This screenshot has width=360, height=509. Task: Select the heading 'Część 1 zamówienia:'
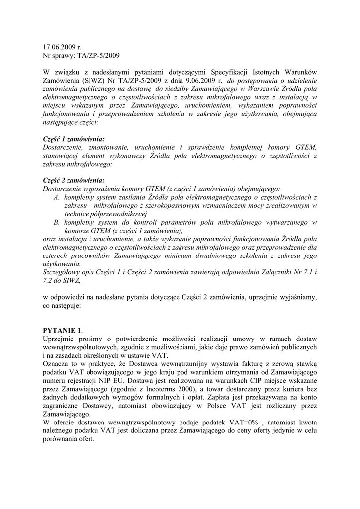(74, 139)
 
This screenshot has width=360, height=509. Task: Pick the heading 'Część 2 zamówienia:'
(74, 181)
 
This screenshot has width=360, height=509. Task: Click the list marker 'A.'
(57, 198)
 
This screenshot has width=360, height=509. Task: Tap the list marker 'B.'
(57, 223)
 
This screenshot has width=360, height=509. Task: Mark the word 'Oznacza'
(57, 364)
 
